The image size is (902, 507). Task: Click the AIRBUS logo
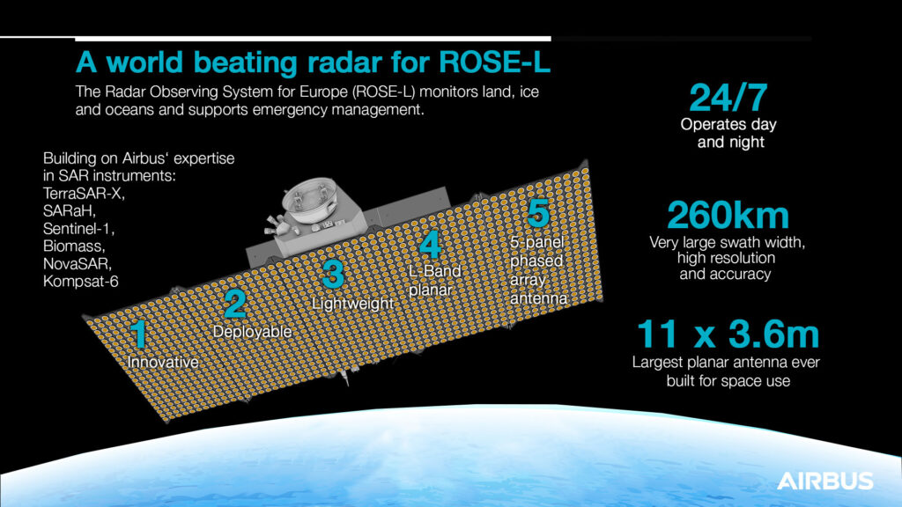pos(824,481)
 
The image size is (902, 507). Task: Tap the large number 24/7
pos(728,98)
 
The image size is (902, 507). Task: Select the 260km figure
pos(728,216)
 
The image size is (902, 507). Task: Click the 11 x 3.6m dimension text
pos(728,334)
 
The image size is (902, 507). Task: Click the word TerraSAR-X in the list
pos(84,193)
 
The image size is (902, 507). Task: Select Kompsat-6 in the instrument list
pos(80,282)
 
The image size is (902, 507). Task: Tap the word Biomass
pos(74,246)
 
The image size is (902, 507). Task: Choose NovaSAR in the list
pos(78,264)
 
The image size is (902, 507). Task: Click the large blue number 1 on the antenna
pos(138,334)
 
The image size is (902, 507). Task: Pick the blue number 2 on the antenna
pos(234,304)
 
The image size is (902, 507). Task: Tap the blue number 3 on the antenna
pos(333,275)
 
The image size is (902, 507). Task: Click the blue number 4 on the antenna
pos(430,245)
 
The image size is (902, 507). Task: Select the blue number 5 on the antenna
pos(538,213)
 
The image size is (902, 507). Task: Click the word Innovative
pos(163,362)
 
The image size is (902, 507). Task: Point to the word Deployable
pos(252,332)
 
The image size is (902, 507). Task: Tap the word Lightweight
pos(352,304)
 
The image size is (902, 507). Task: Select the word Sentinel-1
pos(78,228)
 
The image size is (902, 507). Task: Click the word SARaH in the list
pos(69,211)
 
